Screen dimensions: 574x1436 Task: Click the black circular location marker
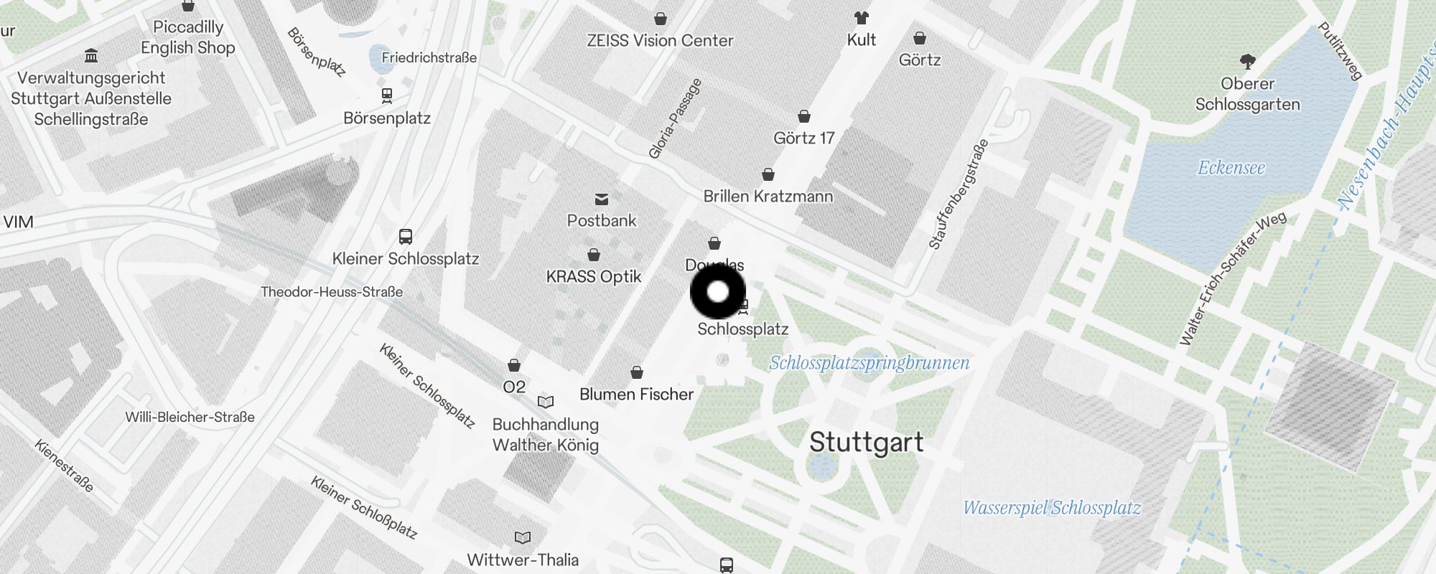[718, 292]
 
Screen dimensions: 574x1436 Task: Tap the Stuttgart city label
[866, 442]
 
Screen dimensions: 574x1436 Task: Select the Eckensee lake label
[1231, 168]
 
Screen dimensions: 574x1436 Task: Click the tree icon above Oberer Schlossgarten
[1247, 62]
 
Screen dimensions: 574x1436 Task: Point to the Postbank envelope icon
[602, 199]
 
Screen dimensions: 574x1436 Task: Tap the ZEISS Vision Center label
[660, 41]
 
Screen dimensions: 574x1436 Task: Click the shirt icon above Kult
[861, 18]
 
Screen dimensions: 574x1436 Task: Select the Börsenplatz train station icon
[387, 95]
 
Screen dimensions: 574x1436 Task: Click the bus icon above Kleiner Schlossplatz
[406, 236]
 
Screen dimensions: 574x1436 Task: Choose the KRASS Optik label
[594, 277]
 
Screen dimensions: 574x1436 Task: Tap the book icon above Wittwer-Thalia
[523, 537]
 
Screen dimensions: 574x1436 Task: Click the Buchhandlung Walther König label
[546, 434]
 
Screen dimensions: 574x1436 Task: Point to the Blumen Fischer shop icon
[637, 372]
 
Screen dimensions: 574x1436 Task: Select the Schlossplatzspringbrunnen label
[869, 363]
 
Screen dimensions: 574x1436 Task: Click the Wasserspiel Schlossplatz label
[1051, 508]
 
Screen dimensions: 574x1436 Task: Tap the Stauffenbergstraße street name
[959, 194]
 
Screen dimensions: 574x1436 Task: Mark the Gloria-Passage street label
[674, 118]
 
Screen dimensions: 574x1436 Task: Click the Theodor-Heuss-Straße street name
[332, 292]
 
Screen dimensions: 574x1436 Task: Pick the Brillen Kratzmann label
[768, 196]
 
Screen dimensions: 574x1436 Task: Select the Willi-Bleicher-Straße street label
[190, 417]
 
